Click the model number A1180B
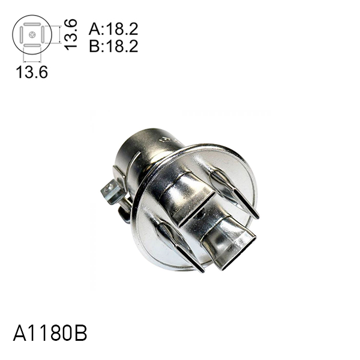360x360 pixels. [50, 334]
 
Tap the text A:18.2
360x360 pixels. [113, 29]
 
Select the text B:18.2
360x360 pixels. [113, 46]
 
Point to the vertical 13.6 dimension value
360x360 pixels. [71, 34]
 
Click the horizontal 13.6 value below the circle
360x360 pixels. [32, 72]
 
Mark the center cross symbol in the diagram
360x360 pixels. [32, 35]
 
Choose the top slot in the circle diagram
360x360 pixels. [32, 25]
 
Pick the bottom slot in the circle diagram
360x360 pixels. [32, 45]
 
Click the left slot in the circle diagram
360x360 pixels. [22, 35]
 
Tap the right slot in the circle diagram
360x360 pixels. [42, 35]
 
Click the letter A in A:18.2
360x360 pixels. [94, 29]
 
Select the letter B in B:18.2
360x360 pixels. [94, 46]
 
